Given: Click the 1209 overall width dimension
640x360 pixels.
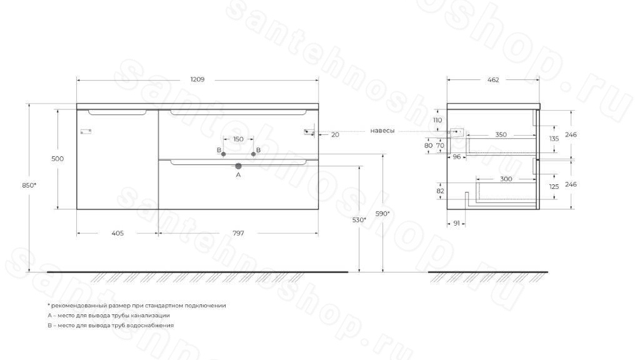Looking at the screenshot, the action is click(197, 79).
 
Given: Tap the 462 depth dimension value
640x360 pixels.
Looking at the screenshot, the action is click(493, 80).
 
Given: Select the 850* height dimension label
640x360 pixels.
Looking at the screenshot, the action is click(29, 185).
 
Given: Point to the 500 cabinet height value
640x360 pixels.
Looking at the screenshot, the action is click(57, 159).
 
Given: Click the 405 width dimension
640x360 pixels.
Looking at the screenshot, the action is click(117, 234).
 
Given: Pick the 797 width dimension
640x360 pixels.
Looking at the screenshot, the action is click(238, 234).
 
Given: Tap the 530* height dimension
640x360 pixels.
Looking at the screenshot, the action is click(359, 220).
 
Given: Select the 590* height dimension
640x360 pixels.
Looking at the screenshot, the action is click(382, 214).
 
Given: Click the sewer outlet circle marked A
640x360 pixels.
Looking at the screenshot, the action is click(238, 166).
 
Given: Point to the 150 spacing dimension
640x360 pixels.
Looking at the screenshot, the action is click(238, 139).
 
